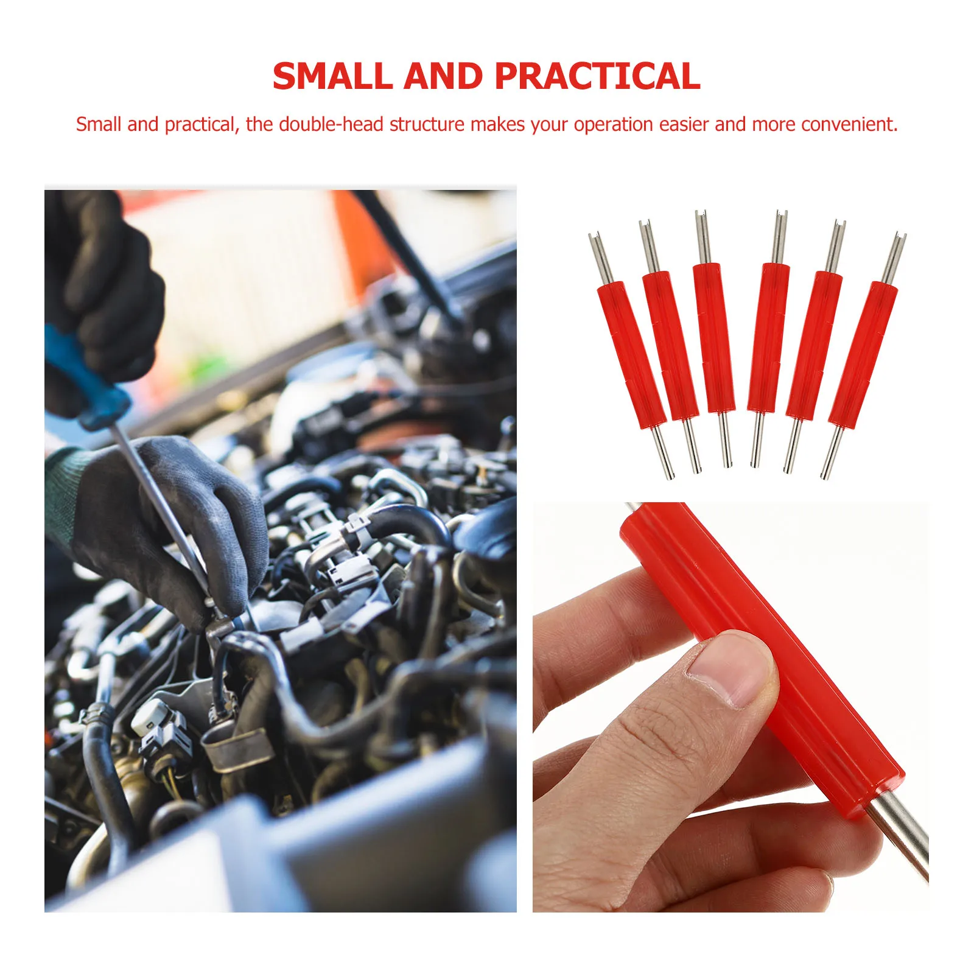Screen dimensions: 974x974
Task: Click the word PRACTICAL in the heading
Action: point(597,77)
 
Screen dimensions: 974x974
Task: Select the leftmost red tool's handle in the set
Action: point(631,356)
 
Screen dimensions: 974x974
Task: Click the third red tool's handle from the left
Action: point(713,338)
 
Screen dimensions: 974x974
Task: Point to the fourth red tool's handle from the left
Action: point(768,338)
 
